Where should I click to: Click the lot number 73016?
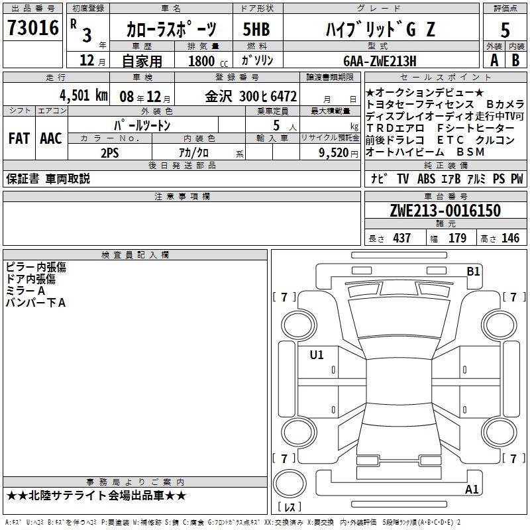pyautogui.click(x=32, y=28)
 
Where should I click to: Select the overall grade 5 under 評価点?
pyautogui.click(x=505, y=30)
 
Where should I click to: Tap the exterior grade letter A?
pyautogui.click(x=494, y=60)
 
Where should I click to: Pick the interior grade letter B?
pyautogui.click(x=515, y=60)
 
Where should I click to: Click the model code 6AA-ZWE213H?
pyautogui.click(x=380, y=61)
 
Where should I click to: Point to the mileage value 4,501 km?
pyautogui.click(x=84, y=95)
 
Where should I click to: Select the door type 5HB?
pyautogui.click(x=256, y=29)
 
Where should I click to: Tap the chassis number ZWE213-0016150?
pyautogui.click(x=445, y=211)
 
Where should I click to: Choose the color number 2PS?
pyautogui.click(x=110, y=153)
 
